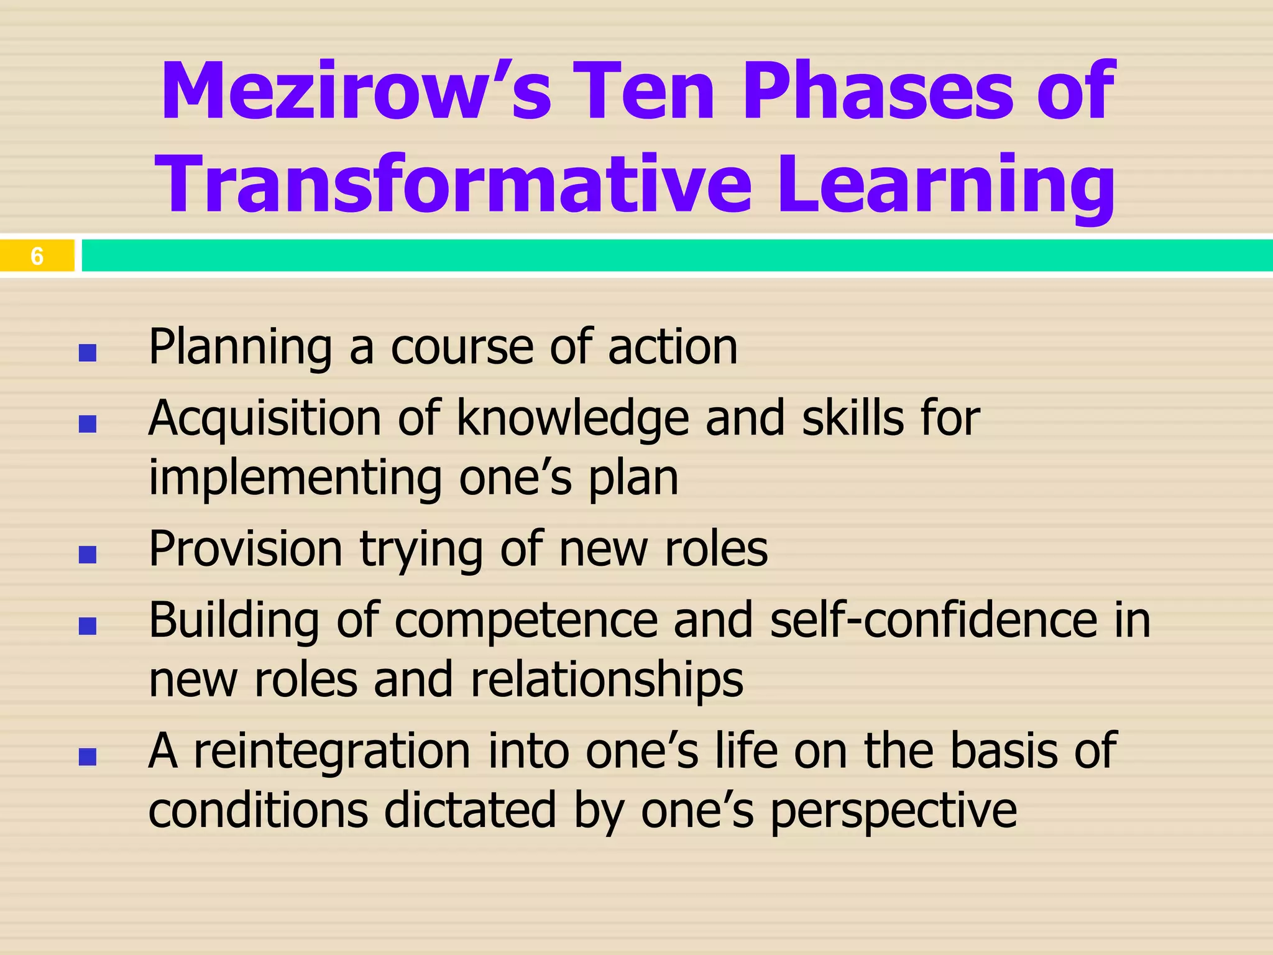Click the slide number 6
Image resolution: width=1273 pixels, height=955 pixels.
(x=37, y=256)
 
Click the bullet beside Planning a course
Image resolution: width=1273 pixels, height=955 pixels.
(x=88, y=353)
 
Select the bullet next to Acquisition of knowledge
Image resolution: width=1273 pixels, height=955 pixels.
(x=88, y=424)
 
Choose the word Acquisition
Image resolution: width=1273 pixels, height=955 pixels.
(x=265, y=419)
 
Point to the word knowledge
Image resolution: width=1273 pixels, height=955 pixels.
(x=572, y=419)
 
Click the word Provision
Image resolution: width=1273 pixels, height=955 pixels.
(x=246, y=549)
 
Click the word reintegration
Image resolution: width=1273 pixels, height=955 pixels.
(x=332, y=751)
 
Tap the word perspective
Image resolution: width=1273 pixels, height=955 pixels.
(x=893, y=811)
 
